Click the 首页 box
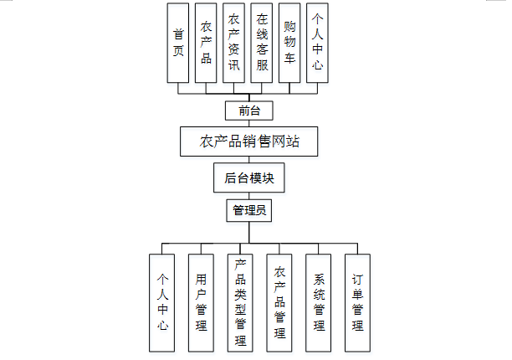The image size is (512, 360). (x=178, y=43)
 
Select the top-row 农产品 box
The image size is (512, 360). (x=206, y=43)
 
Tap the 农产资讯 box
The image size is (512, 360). (x=234, y=43)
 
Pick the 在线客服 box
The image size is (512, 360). (x=262, y=43)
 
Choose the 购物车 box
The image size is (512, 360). (x=289, y=43)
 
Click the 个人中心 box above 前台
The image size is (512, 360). (x=317, y=43)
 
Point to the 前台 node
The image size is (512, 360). (x=249, y=111)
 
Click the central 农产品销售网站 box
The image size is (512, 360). (x=249, y=141)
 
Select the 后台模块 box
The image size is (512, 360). (x=249, y=178)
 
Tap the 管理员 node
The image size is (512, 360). (x=249, y=210)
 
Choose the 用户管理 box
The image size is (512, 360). (x=201, y=302)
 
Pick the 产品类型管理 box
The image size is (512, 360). (x=240, y=302)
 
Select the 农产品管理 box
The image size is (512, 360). (x=279, y=302)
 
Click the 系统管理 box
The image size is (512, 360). (x=319, y=302)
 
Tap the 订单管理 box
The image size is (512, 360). (x=357, y=302)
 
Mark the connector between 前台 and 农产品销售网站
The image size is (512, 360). (x=249, y=124)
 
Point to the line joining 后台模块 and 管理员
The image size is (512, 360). (x=249, y=195)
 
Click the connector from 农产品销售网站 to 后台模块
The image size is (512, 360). (x=249, y=161)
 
